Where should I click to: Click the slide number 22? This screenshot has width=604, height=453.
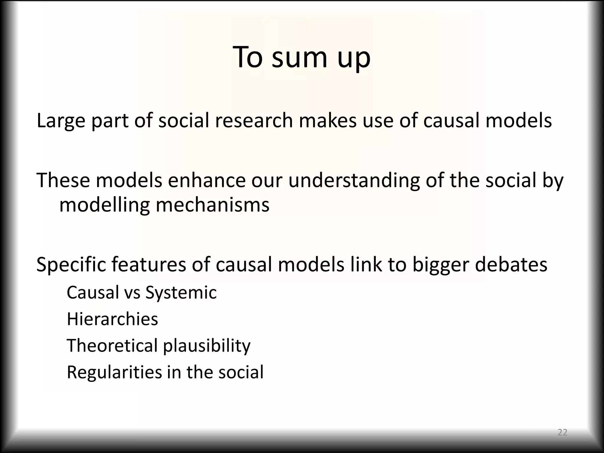562,432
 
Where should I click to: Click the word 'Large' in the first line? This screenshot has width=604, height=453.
61,121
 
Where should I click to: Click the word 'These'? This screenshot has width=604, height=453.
63,180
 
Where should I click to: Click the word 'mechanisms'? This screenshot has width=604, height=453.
212,205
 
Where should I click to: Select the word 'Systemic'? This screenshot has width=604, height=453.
181,293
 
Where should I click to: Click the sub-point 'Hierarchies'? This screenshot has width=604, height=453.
112,319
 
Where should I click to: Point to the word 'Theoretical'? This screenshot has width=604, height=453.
112,346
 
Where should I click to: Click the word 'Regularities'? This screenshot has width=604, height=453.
114,372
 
